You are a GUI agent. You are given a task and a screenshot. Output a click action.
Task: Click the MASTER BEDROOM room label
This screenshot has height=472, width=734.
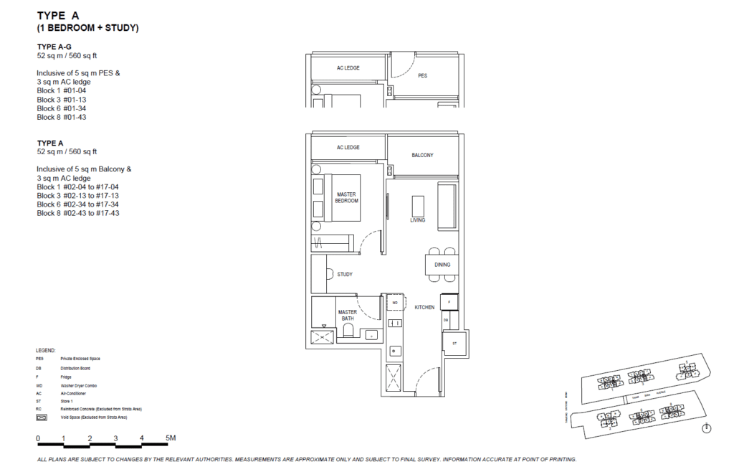346,197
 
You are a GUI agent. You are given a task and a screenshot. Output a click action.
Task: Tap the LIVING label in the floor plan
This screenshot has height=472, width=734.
417,220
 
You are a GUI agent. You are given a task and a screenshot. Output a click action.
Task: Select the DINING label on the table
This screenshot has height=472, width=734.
442,265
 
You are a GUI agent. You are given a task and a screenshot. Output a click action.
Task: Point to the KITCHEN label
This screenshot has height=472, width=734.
424,307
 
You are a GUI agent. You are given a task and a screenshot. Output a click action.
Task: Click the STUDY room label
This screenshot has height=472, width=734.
344,274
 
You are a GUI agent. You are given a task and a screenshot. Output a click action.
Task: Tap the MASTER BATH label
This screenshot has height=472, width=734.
348,315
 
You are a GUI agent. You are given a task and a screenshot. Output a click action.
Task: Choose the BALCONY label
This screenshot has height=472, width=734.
422,155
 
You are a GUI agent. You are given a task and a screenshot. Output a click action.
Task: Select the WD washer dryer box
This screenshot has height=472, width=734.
394,303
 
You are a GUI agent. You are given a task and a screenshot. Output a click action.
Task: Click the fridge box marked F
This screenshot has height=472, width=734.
449,302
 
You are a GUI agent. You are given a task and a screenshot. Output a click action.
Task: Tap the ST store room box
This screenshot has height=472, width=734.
454,343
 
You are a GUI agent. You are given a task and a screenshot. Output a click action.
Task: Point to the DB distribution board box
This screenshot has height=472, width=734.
446,319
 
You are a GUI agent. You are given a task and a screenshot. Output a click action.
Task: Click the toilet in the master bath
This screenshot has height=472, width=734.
349,331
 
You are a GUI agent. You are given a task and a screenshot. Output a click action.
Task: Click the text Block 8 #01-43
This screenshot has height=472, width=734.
62,117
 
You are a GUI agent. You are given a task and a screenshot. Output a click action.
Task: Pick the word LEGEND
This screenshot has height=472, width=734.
46,350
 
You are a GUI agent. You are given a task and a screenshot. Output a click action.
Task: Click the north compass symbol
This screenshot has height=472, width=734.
707,428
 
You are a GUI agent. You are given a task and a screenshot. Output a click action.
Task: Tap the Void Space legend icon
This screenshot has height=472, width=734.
42,416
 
